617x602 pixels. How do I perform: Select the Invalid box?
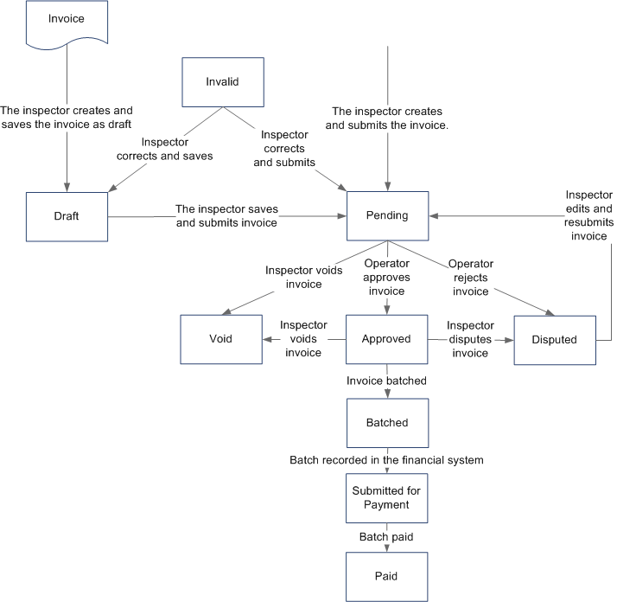[x=222, y=82]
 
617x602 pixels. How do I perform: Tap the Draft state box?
[x=67, y=215]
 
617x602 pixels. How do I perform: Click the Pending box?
[x=386, y=215]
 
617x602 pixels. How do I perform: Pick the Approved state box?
[x=386, y=339]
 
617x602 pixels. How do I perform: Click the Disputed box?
[x=554, y=339]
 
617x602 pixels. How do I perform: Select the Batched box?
[x=386, y=423]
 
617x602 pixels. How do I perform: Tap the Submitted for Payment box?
[x=386, y=498]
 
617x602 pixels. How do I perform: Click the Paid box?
[x=386, y=574]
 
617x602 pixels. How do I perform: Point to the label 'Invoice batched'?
[x=386, y=381]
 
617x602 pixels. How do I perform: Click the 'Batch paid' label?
[x=386, y=537]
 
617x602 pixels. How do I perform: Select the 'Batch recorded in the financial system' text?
[x=386, y=460]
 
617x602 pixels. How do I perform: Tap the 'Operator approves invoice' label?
[x=386, y=277]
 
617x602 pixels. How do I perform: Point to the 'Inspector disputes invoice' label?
[x=471, y=339]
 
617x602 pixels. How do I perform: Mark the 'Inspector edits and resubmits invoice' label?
[x=589, y=215]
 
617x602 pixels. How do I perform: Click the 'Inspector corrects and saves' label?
[x=164, y=150]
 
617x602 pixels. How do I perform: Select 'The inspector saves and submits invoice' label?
[x=226, y=215]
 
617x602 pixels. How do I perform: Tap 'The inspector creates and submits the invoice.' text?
[x=386, y=118]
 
